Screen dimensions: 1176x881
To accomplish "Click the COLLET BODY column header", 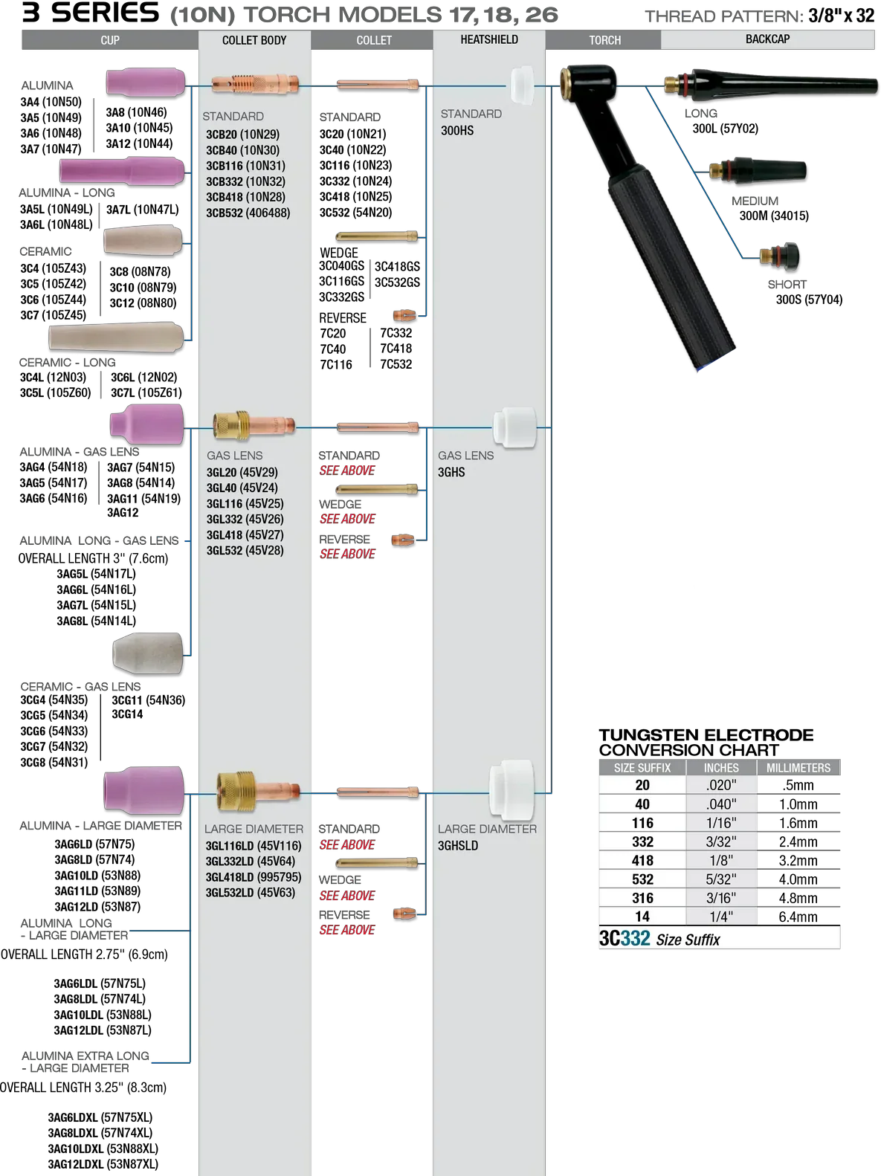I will (254, 40).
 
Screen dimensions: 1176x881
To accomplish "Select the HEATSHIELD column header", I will (489, 39).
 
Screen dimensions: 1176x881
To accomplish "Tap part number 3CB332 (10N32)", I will (245, 181).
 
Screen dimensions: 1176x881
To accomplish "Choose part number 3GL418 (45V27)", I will (245, 534).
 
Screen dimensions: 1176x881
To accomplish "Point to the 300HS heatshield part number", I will (457, 131).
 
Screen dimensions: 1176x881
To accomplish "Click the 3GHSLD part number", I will (458, 846).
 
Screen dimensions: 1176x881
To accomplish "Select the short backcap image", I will (780, 256).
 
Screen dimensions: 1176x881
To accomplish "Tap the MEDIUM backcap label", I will (755, 201).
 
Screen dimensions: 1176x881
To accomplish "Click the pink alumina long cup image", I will (122, 170).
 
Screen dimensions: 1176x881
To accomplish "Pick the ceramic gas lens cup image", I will (148, 653).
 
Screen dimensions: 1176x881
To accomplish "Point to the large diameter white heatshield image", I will (512, 789).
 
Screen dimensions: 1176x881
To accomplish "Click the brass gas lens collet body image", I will (254, 425).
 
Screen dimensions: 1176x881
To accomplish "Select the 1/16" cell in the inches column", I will (720, 823).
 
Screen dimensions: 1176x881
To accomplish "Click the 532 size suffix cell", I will (642, 879).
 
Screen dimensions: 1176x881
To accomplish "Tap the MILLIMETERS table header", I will (798, 768).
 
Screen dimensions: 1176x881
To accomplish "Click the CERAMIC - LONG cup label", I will (68, 363).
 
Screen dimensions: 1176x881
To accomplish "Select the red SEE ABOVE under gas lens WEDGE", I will (347, 519).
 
